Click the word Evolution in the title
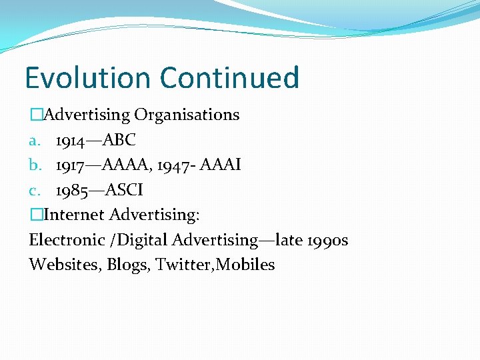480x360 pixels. click(x=89, y=77)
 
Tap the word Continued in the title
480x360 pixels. click(x=229, y=77)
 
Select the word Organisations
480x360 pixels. click(x=187, y=115)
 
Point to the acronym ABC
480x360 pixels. click(x=121, y=140)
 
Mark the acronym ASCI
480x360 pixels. click(x=124, y=191)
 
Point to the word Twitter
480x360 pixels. click(x=180, y=265)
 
